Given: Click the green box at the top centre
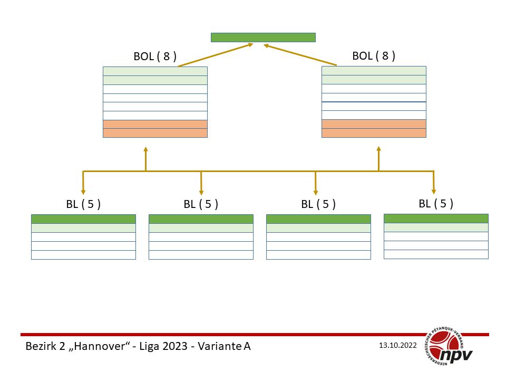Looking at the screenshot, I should (x=263, y=37).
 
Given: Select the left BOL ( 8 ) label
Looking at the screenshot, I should (x=155, y=56).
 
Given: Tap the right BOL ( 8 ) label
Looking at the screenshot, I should (x=374, y=56).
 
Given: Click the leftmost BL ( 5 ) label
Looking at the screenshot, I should (x=83, y=204).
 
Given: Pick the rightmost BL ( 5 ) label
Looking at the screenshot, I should (x=436, y=203).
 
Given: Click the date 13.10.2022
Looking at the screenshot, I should (x=398, y=346).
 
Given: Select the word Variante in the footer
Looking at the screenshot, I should (x=217, y=347).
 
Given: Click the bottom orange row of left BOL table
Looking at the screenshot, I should (x=155, y=133).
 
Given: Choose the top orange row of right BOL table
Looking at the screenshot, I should (x=374, y=124).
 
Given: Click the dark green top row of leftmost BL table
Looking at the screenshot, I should (x=83, y=219).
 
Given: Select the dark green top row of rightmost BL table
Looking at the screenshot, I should (x=436, y=218).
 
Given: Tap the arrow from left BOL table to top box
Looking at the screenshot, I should (x=216, y=55).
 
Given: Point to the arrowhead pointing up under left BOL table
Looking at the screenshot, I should (x=145, y=150).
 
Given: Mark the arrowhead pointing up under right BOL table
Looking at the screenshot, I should (x=378, y=150).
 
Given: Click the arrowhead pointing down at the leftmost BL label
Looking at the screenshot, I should (x=83, y=192).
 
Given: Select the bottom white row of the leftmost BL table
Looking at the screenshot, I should (x=83, y=255).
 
